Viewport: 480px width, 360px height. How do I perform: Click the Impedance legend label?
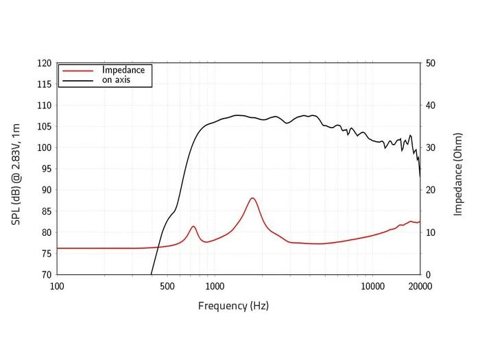point(123,70)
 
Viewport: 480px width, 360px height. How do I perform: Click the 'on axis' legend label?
point(117,80)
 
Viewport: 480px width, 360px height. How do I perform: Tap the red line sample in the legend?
point(77,70)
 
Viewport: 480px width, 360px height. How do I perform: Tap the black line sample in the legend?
point(77,80)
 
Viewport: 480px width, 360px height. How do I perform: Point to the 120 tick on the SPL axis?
point(43,63)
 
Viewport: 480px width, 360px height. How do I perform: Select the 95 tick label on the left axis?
point(45,169)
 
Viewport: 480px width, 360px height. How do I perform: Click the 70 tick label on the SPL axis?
point(45,274)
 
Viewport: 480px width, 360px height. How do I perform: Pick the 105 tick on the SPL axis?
point(43,127)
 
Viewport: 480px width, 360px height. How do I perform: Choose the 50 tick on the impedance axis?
point(431,63)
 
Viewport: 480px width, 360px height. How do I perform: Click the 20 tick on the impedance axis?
point(431,190)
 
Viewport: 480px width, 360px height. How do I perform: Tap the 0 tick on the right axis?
point(429,274)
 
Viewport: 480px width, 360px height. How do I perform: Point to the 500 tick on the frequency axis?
point(167,286)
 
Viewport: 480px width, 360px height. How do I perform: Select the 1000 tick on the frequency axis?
point(215,286)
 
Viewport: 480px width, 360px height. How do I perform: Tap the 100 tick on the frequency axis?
point(58,286)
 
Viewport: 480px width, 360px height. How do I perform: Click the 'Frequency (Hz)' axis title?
point(233,306)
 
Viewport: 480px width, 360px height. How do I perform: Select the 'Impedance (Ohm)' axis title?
point(458,169)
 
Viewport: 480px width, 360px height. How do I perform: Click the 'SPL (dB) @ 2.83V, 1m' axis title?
point(16,169)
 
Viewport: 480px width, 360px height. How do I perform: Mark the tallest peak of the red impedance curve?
point(252,198)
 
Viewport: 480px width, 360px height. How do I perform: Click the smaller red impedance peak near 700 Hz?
point(193,226)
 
